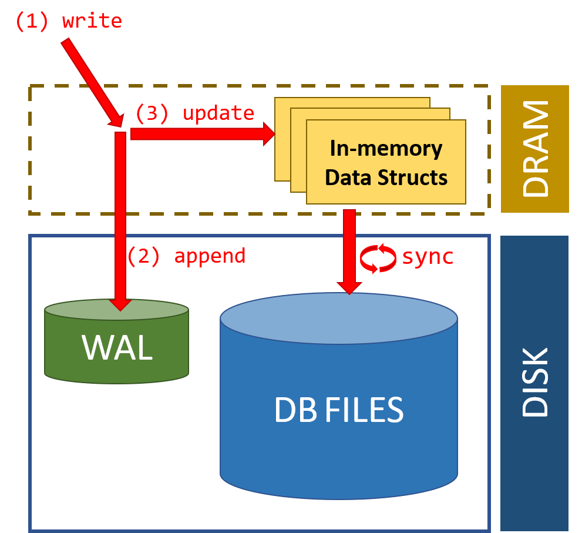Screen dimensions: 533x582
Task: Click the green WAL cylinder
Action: (116, 347)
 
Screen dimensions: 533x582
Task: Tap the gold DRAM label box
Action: (534, 149)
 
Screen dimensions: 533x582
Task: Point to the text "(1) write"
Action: (68, 21)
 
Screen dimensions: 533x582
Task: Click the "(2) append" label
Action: (186, 256)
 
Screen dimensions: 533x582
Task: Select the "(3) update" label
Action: (194, 113)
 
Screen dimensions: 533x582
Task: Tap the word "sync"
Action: (428, 257)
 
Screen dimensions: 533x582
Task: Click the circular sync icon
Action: (378, 259)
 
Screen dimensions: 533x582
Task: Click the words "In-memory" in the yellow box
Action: (386, 149)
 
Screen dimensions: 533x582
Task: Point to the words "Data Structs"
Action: (386, 177)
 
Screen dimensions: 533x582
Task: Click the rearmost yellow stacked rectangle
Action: (352, 102)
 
